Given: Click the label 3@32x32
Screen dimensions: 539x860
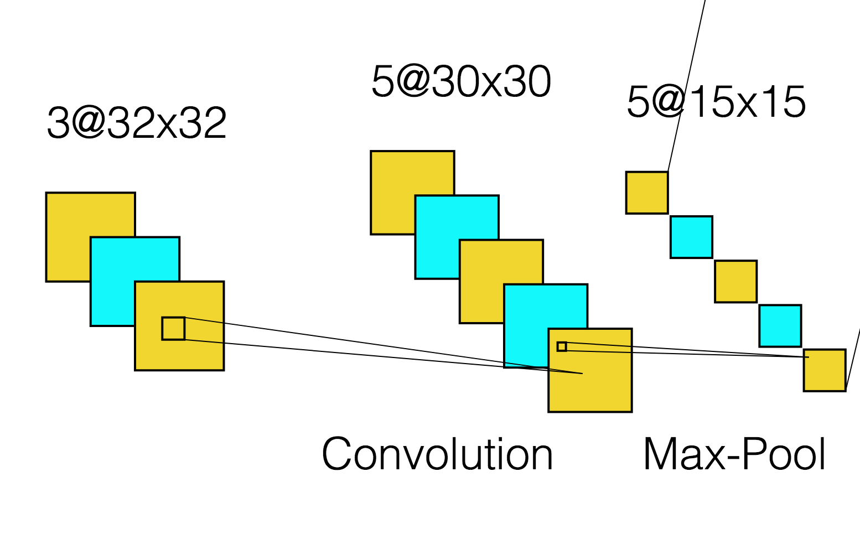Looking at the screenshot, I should click(x=137, y=123).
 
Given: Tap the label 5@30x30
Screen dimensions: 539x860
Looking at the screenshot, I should click(x=461, y=81).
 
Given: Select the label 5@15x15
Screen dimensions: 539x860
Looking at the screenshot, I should click(x=716, y=102).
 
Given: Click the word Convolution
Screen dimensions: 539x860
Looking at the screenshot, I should click(x=437, y=454).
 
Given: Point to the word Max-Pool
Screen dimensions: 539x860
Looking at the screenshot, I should click(x=734, y=454).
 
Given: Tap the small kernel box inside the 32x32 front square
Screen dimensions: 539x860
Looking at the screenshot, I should click(x=173, y=328).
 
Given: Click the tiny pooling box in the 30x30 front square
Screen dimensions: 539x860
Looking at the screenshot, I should click(x=562, y=346).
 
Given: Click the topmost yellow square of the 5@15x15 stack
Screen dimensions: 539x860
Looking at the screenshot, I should click(x=646, y=193).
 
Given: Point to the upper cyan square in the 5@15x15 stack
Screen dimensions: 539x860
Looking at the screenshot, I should click(x=691, y=237).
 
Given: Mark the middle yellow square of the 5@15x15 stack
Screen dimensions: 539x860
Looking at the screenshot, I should click(x=735, y=281).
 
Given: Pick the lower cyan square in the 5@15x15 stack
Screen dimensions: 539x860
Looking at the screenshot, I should click(x=780, y=325).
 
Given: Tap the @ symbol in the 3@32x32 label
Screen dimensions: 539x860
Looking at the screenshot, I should click(x=87, y=123).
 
